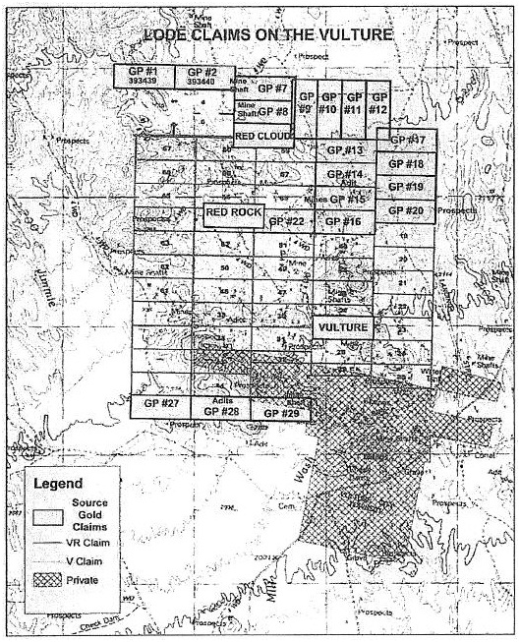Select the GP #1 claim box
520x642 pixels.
[144, 76]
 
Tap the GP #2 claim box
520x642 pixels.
[202, 76]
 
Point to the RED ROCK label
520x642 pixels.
[233, 212]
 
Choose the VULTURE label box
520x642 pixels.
[342, 326]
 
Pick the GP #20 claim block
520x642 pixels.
[405, 210]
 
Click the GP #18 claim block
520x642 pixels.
[406, 163]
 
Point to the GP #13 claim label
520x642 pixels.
[345, 150]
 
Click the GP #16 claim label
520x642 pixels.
[344, 222]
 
